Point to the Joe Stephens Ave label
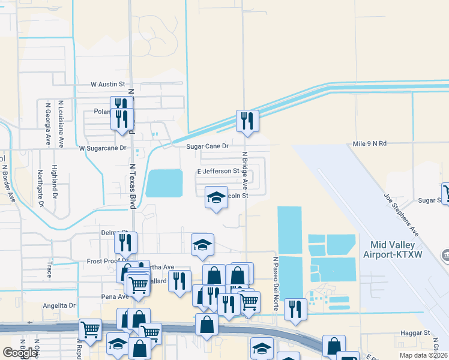click(x=402, y=214)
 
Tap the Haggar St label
click(x=418, y=332)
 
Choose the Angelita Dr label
click(x=59, y=305)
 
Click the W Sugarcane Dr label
click(x=103, y=148)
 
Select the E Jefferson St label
click(x=218, y=172)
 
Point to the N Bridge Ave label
click(x=245, y=171)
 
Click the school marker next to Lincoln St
click(x=216, y=197)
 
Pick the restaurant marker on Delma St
click(x=126, y=242)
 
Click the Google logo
click(x=20, y=353)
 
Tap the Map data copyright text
click(x=423, y=355)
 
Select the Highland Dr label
click(x=54, y=182)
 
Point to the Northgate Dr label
click(x=41, y=188)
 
